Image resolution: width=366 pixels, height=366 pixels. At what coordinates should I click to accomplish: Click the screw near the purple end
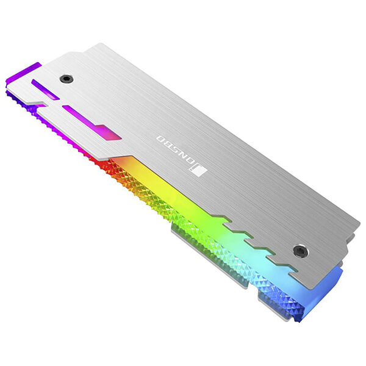tap(66, 79)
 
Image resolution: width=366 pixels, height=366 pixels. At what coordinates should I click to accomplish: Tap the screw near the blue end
tap(300, 250)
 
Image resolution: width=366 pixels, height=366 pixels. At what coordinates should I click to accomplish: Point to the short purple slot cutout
tap(45, 90)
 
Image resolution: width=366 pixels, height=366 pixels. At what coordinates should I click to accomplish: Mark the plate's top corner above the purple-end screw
tap(98, 45)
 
